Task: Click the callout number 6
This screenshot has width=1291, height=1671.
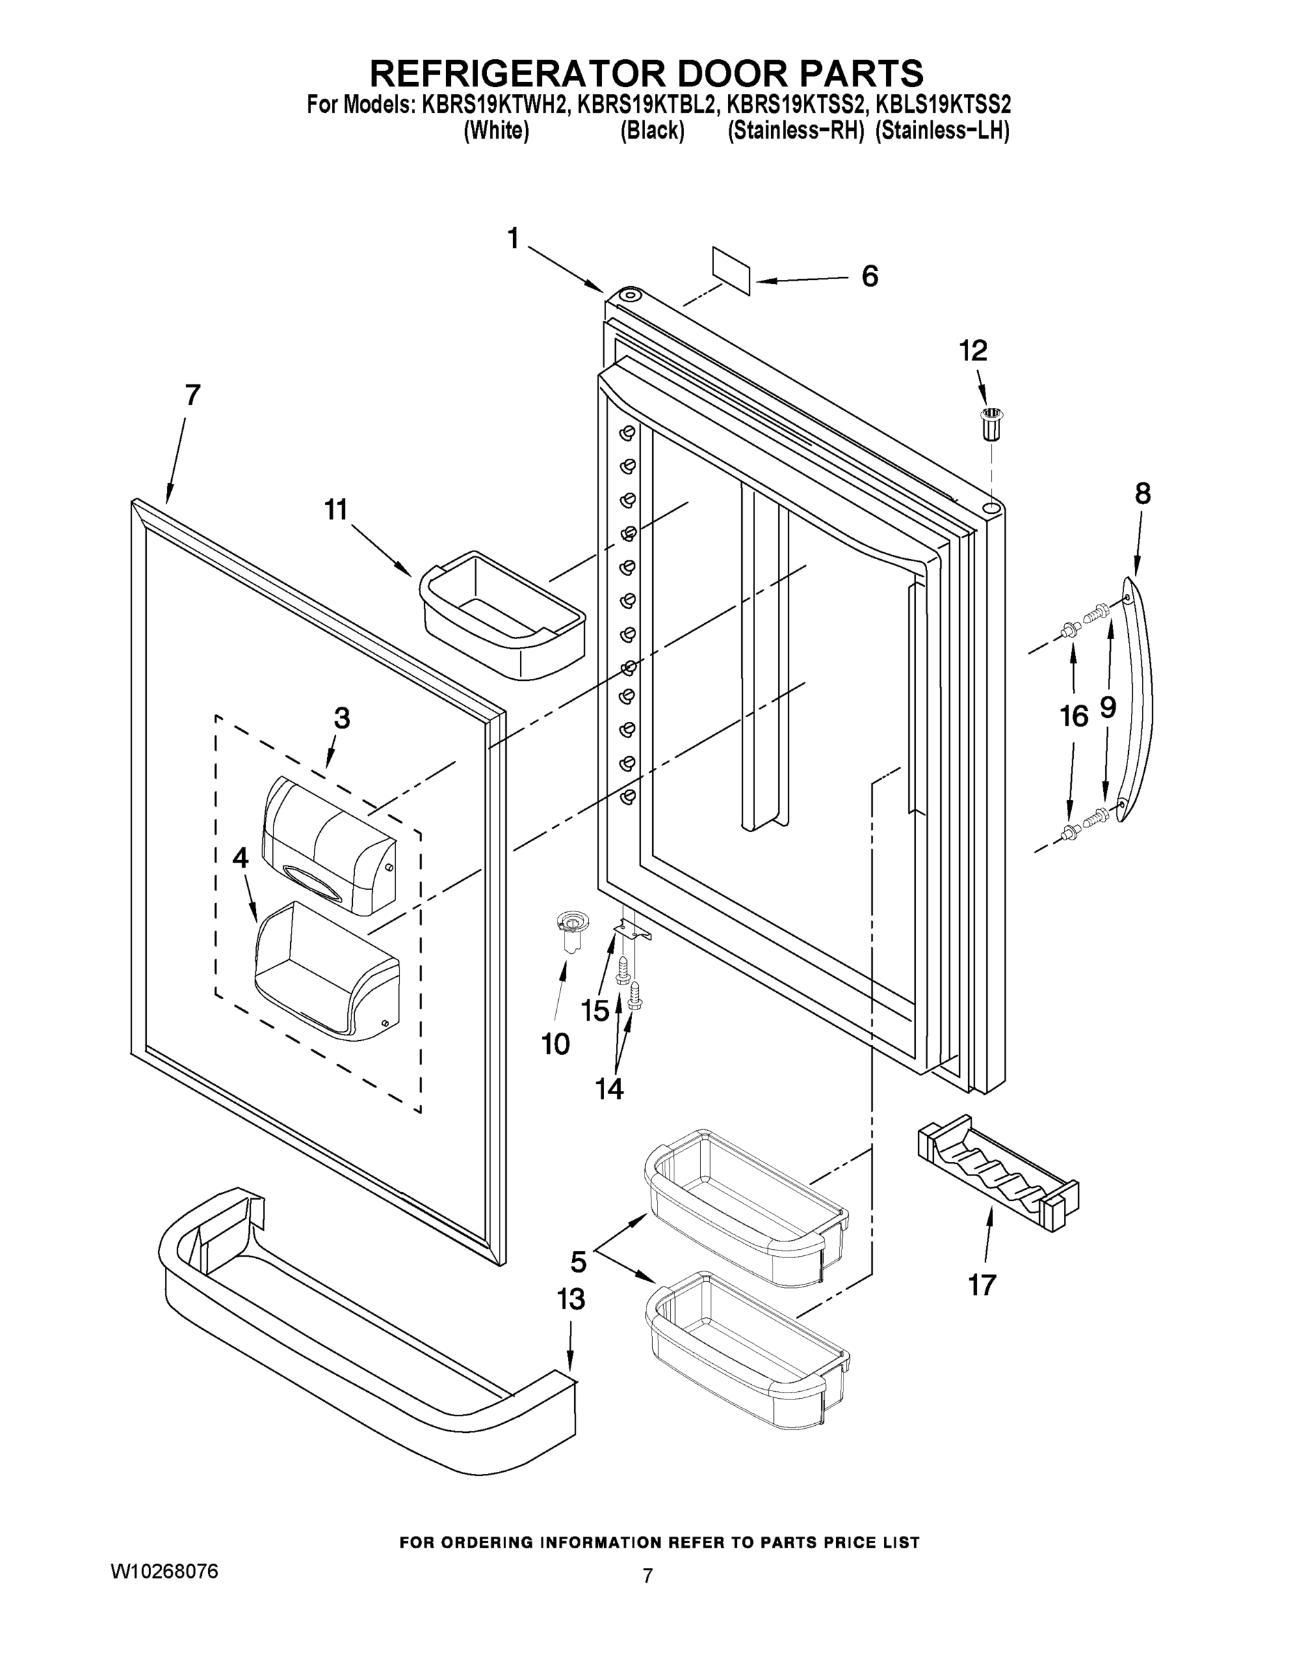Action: pyautogui.click(x=869, y=276)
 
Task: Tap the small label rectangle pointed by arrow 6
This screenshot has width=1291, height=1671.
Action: pyautogui.click(x=731, y=270)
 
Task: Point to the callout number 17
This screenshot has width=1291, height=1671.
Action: pyautogui.click(x=982, y=1285)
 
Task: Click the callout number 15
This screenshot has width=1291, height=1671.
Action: pyautogui.click(x=595, y=1011)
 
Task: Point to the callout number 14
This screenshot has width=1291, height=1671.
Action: pyautogui.click(x=610, y=1088)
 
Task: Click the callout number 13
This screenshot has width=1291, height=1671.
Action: pyautogui.click(x=571, y=1299)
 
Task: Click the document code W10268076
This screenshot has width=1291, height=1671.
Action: pyautogui.click(x=164, y=1571)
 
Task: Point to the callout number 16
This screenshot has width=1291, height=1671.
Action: pyautogui.click(x=1074, y=716)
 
